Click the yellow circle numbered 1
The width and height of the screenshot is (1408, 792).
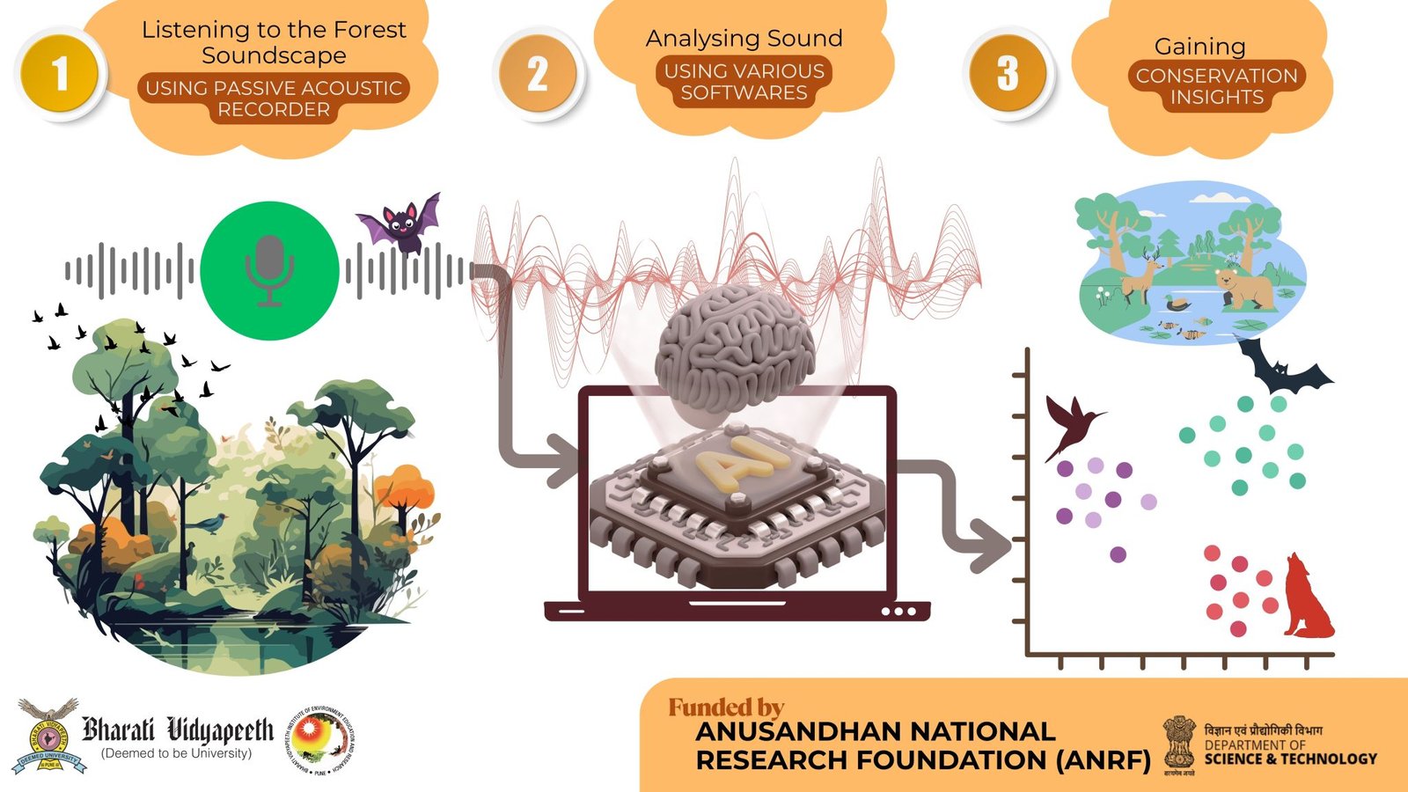pos(60,74)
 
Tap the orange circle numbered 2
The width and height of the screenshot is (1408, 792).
pos(538,74)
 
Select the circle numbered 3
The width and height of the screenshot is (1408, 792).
pos(1008,74)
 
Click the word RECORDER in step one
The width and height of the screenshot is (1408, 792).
pos(274,110)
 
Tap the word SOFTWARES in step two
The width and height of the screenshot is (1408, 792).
pos(744,93)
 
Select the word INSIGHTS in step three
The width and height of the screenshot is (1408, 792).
pos(1216,98)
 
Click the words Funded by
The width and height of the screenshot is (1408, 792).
pos(726,707)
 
